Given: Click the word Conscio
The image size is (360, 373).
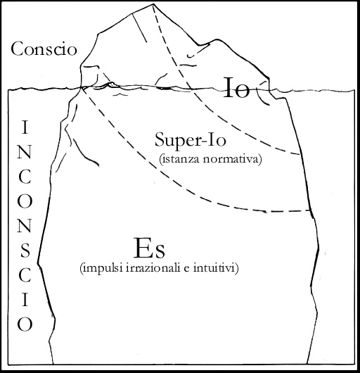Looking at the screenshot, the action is (44, 49).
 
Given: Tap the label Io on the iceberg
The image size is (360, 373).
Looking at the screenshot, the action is (237, 87).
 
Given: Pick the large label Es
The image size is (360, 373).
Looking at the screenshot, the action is (149, 248).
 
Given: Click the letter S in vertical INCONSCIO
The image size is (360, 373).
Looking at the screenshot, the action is (25, 251).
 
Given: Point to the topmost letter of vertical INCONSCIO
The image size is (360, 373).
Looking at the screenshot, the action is (25, 127).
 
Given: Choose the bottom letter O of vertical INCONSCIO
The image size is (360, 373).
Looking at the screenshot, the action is (25, 324).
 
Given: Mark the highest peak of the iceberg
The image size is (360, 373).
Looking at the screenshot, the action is (154, 4).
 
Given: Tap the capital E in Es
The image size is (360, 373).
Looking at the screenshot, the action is (142, 248).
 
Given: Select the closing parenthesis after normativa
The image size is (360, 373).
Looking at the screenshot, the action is (259, 159).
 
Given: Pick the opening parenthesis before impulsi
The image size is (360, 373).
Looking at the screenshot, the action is (82, 269).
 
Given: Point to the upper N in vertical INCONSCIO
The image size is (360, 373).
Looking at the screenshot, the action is (25, 152).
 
